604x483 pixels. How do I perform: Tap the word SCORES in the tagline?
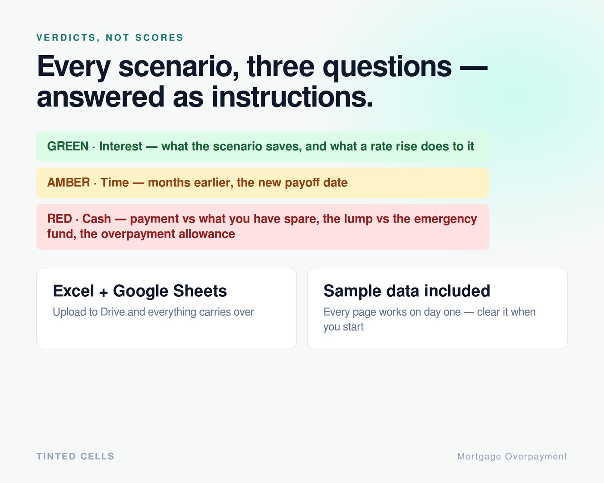159,38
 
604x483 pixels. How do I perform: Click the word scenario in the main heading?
179,66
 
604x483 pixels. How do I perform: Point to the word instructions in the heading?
293,97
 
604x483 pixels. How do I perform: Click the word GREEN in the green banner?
68,146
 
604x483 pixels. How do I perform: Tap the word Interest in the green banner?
121,146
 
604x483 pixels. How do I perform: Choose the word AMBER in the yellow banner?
69,182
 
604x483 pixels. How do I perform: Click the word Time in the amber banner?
115,182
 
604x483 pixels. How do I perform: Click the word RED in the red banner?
60,219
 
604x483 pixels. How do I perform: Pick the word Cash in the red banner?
97,219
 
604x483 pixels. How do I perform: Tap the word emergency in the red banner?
445,219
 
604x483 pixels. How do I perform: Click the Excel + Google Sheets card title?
140,291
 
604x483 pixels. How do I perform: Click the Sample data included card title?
407,291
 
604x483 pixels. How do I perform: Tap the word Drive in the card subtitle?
112,312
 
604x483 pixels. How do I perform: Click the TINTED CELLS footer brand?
75,456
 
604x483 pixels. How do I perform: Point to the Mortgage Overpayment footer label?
512,457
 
